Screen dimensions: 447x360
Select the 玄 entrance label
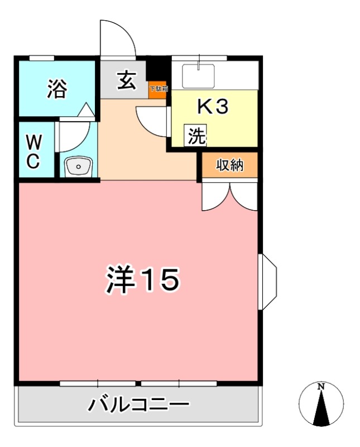(x=126, y=82)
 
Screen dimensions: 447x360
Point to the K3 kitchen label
(x=213, y=107)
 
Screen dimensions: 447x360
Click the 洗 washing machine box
(x=196, y=136)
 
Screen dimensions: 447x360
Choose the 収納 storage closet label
(x=230, y=165)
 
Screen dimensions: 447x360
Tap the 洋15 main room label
(x=142, y=280)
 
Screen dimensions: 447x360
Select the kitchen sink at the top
(x=199, y=75)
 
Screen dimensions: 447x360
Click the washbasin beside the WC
(x=78, y=166)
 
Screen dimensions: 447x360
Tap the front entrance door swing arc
(x=117, y=39)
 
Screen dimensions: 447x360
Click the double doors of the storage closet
(x=229, y=196)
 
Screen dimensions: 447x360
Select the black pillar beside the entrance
(x=157, y=70)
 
